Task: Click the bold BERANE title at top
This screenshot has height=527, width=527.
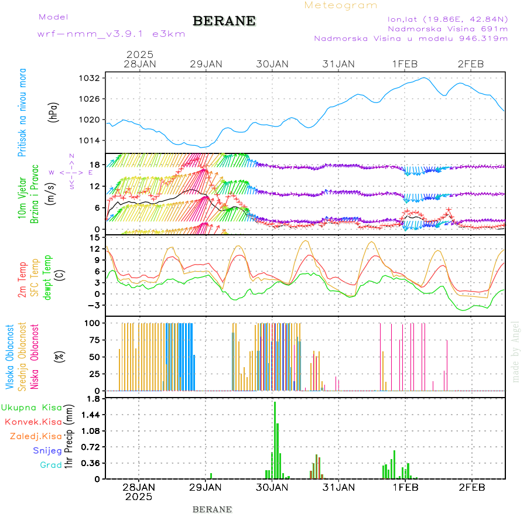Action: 224,21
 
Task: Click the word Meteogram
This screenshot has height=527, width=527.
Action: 341,5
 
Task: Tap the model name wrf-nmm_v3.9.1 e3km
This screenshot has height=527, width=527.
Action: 111,33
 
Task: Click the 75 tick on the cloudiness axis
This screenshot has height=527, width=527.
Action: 95,340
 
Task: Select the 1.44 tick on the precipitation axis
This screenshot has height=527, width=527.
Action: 91,415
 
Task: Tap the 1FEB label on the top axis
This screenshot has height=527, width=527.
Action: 405,64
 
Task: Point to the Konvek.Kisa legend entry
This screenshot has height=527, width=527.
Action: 33,422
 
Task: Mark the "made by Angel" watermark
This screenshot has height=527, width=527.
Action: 516,351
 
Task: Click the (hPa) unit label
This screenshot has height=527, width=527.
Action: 54,111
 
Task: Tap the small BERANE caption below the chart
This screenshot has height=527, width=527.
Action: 212,509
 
